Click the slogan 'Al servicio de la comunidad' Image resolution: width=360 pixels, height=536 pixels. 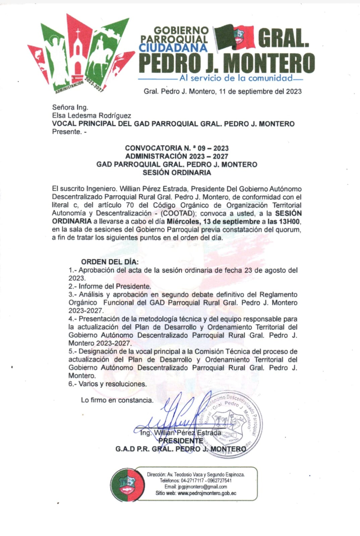point(236,78)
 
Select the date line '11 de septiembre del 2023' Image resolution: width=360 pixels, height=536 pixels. point(260,91)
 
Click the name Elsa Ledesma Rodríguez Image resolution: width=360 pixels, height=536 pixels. point(92,116)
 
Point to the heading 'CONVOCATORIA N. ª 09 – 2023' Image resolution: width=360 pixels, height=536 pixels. point(177,148)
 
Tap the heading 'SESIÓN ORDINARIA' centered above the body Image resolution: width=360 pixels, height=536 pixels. point(177,173)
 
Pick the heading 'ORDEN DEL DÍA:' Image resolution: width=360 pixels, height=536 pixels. point(110,262)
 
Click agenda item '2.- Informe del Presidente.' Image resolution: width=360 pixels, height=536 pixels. point(110,286)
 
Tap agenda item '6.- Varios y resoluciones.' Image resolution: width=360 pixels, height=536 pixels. point(108,384)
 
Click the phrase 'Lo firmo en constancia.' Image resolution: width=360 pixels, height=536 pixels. point(117,400)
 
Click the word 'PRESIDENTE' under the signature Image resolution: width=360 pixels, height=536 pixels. point(181,441)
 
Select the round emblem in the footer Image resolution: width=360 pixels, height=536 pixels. point(127,484)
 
